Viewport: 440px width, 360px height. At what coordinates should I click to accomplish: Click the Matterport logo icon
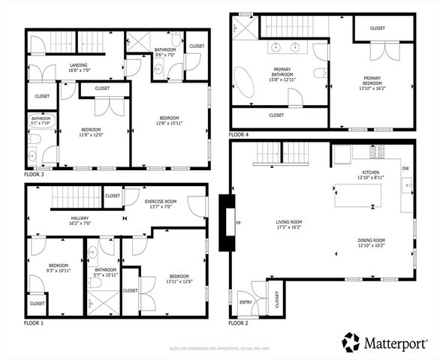(x=352, y=342)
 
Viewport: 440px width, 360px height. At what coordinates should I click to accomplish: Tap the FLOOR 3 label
(x=35, y=174)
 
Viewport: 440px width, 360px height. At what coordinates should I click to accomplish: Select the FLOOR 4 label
(x=239, y=134)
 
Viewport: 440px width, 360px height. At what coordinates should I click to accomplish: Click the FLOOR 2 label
(x=239, y=322)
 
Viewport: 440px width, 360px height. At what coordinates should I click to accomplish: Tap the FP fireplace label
(x=238, y=223)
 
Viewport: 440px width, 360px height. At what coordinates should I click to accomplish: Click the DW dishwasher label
(x=405, y=169)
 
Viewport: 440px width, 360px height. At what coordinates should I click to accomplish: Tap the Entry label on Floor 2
(x=246, y=302)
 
